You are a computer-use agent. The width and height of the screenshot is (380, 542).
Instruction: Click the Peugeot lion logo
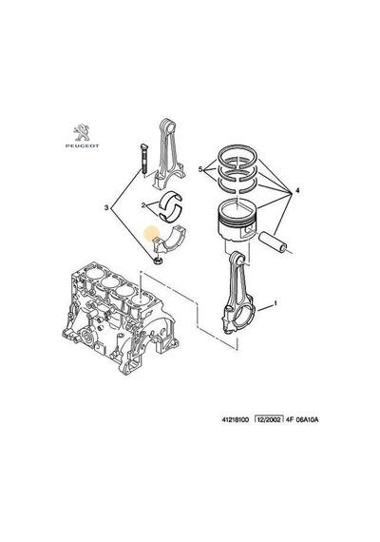82,133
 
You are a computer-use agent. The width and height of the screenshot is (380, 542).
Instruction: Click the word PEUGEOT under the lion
83,145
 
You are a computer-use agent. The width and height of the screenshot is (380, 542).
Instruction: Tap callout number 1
275,303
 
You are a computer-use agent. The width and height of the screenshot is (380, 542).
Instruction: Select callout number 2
143,205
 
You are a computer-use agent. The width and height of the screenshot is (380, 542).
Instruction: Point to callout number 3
106,207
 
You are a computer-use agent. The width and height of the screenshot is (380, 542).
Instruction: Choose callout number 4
297,190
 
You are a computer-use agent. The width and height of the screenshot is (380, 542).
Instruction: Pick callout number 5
200,169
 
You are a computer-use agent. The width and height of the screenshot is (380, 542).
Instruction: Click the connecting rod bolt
143,160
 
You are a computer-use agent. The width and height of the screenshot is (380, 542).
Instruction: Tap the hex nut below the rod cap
158,261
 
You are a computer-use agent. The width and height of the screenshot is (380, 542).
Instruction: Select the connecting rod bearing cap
169,240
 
